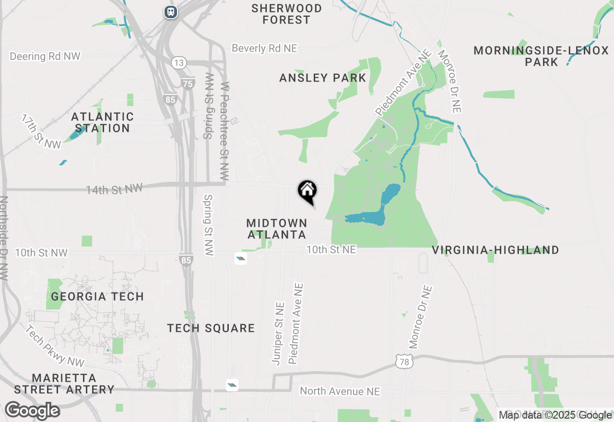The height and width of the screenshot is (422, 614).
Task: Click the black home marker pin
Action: point(307,191)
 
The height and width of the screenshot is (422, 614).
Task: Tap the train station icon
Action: point(170,12)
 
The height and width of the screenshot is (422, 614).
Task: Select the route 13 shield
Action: point(179,63)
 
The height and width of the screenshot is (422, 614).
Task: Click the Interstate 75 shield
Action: point(188,83)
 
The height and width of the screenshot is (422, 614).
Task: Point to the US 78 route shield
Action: point(404,362)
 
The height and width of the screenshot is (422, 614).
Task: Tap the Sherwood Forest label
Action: point(286,14)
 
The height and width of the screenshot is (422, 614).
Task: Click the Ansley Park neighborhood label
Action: point(322,78)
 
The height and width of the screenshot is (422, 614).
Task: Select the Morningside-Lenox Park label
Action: point(541,56)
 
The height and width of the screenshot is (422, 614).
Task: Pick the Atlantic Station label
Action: point(102,122)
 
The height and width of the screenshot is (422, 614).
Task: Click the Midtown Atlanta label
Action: point(277,229)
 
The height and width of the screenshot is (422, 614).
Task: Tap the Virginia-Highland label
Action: point(496,250)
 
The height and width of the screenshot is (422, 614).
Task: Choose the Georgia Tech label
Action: point(97,296)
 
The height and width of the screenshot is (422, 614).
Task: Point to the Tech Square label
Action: point(211,328)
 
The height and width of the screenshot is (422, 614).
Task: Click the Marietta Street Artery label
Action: point(64,384)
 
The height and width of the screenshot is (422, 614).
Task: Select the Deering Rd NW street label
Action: point(45,56)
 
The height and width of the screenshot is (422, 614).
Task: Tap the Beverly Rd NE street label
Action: point(264,48)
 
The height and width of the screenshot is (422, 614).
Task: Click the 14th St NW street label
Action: point(114,189)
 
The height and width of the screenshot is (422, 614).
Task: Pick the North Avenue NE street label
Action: point(340,391)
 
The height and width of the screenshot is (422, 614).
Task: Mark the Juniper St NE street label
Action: point(279,333)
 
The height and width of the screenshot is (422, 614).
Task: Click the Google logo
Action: point(32,411)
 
